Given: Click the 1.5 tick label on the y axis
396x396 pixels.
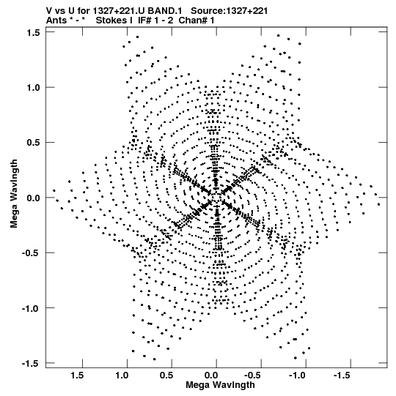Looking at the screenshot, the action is point(33,33).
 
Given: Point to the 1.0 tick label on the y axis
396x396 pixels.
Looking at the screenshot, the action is point(33,88).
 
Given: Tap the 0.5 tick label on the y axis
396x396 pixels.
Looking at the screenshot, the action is point(33,143).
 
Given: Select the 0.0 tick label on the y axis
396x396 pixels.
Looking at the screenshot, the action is point(33,198).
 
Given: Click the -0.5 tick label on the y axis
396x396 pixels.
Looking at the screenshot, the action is point(31,253).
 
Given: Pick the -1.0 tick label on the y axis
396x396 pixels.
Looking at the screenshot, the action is point(31,308).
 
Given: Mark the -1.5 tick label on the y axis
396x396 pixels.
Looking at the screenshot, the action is point(31,364).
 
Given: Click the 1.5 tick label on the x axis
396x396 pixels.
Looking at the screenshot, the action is point(77,376).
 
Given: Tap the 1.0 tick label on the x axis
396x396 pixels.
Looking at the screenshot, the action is point(122,376).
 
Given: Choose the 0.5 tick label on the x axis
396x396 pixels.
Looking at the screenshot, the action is point(166,376).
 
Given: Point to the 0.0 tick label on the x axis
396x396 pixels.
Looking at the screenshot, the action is point(211,376).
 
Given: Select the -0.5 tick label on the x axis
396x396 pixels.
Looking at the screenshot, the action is point(254,376).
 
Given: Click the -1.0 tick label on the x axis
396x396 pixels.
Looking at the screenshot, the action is point(298,376).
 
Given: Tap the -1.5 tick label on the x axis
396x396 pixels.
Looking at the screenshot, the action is point(343,376).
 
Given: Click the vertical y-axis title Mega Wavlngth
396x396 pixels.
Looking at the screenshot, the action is point(14,194).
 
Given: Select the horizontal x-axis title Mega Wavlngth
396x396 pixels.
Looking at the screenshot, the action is point(220,385).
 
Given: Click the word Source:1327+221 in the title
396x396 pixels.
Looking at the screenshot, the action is point(229,11).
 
